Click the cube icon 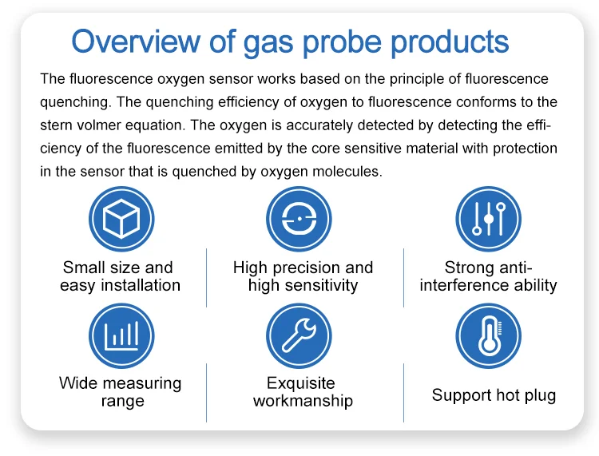[x=121, y=218]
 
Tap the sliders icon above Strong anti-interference [x=488, y=218]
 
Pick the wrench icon [x=299, y=335]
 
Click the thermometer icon [x=488, y=335]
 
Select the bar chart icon [x=121, y=335]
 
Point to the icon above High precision [x=299, y=218]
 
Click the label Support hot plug [x=494, y=395]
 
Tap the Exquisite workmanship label [x=302, y=392]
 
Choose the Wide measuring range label [x=121, y=392]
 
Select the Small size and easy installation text [x=120, y=276]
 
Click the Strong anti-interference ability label [x=488, y=276]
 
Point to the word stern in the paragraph [x=58, y=125]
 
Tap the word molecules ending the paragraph [x=347, y=172]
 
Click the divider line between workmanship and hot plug [x=403, y=392]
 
